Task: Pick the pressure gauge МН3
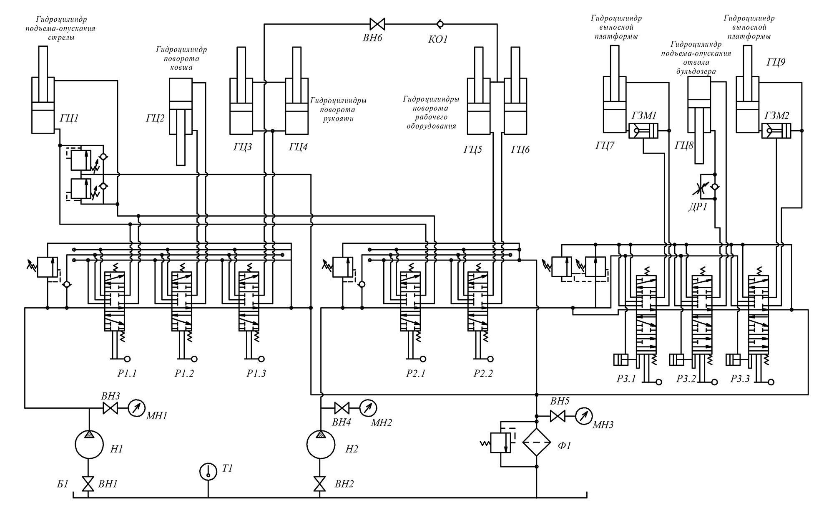(x=583, y=416)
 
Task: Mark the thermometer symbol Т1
(x=208, y=472)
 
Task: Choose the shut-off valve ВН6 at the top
(x=377, y=23)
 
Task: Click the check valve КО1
(x=439, y=23)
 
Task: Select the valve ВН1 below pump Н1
(x=88, y=484)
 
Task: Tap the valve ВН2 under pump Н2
(x=320, y=484)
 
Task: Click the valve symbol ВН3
(x=110, y=408)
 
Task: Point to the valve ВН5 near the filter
(x=557, y=416)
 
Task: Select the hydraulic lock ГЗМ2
(x=776, y=131)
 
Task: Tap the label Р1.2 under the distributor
(x=184, y=374)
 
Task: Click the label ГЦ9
(x=776, y=63)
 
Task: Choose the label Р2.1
(x=416, y=374)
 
